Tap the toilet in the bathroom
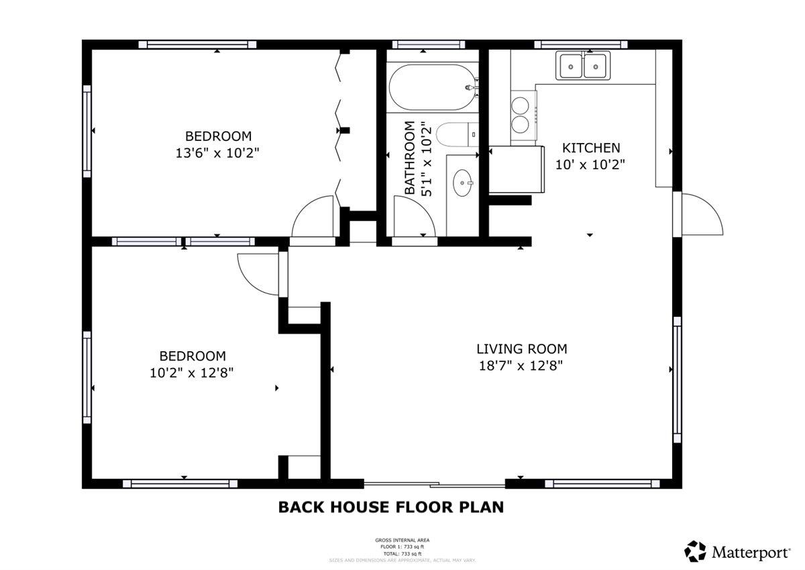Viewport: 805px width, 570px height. [x=456, y=135]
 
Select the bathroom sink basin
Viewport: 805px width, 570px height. [x=462, y=182]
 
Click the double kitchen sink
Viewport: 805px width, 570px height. [x=582, y=66]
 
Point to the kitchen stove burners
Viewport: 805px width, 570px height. [x=521, y=114]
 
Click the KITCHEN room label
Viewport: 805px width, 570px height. [x=590, y=148]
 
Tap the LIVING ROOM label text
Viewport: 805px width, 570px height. [x=521, y=349]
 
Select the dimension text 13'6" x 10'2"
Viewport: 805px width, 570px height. [x=217, y=153]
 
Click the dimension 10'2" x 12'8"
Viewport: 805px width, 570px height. [x=191, y=373]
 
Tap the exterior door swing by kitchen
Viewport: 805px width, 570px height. [x=701, y=213]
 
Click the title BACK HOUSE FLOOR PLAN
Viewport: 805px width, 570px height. [x=390, y=507]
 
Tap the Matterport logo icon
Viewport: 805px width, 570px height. [x=695, y=551]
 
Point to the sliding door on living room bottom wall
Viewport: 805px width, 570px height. [x=435, y=483]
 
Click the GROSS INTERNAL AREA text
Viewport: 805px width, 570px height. [x=402, y=540]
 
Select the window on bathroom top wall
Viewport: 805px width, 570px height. [x=428, y=45]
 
